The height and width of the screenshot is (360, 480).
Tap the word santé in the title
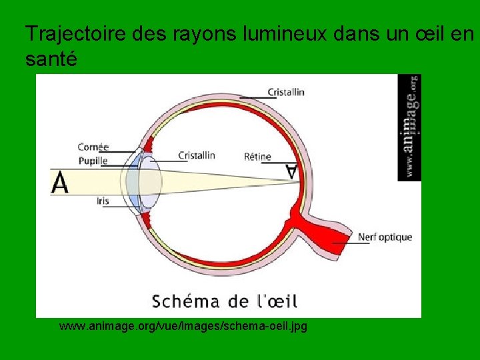(51, 59)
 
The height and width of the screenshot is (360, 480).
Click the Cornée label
(93, 147)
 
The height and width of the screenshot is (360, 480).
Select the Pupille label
(93, 161)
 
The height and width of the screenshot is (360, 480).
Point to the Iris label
(102, 200)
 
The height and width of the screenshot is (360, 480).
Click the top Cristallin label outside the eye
(286, 92)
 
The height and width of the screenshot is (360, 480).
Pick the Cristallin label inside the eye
(197, 155)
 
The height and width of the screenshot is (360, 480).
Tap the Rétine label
(257, 157)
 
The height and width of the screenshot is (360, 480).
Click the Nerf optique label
(385, 237)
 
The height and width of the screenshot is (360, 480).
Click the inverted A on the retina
(291, 171)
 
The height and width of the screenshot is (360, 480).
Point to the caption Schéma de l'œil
(225, 301)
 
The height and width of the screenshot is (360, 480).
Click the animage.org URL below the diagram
(183, 327)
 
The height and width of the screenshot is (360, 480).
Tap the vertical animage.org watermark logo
(410, 127)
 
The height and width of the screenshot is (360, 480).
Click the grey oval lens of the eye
(150, 181)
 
